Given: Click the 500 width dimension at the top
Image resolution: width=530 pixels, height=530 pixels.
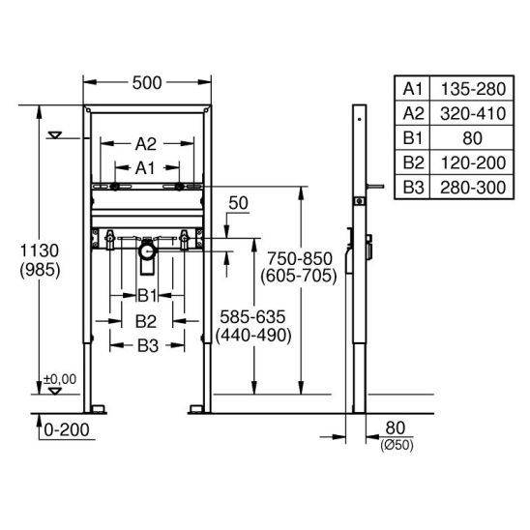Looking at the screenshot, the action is (x=147, y=83).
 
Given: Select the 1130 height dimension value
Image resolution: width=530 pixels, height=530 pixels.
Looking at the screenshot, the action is (x=40, y=250).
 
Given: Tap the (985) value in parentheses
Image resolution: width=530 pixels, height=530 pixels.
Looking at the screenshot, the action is (x=40, y=270).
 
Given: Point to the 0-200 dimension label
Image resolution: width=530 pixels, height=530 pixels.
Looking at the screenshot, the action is (x=67, y=430).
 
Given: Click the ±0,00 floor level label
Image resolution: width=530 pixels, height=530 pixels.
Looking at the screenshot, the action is (x=60, y=379).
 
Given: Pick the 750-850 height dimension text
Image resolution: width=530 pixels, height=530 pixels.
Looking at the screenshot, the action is (x=300, y=259).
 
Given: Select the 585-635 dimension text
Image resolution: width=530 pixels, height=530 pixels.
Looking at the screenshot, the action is (x=252, y=317).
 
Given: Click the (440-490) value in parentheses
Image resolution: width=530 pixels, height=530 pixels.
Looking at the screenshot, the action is (x=253, y=336).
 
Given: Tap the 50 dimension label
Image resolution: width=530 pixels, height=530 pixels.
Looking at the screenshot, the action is (x=238, y=203).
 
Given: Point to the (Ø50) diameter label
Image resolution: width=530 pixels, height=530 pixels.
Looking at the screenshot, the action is (x=397, y=446).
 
